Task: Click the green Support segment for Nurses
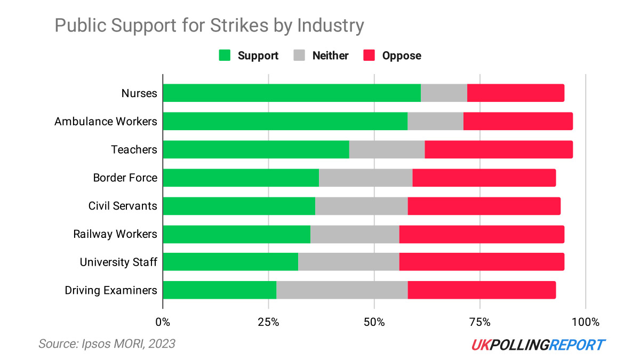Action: point(292,93)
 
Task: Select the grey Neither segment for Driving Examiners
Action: point(342,290)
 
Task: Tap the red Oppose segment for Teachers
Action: point(499,149)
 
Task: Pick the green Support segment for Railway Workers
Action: point(236,234)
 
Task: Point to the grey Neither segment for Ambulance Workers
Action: point(435,121)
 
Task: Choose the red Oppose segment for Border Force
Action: point(484,178)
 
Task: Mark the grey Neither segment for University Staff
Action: point(348,262)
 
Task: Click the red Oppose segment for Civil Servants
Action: point(484,206)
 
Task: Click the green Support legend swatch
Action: point(225,55)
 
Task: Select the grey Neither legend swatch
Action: point(299,55)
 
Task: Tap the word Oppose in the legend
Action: point(402,55)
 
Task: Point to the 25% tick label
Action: point(268,322)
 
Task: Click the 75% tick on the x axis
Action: point(480,322)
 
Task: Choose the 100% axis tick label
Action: point(585,322)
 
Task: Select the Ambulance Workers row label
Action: point(106,122)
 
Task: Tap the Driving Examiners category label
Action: point(111,291)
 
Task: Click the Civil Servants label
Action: point(123,206)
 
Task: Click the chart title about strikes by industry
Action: point(210,26)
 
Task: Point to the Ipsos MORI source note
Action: point(107,344)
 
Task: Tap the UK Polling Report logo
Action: point(538,345)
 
